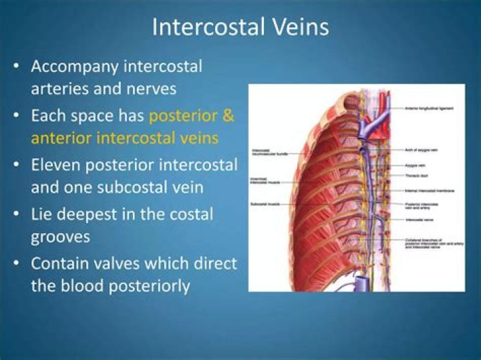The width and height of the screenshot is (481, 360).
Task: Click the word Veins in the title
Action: [300, 27]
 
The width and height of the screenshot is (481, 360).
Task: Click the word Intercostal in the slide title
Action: [205, 27]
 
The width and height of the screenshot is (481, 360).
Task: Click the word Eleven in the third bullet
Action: [55, 164]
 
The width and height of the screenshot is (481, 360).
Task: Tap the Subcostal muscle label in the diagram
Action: [265, 203]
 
